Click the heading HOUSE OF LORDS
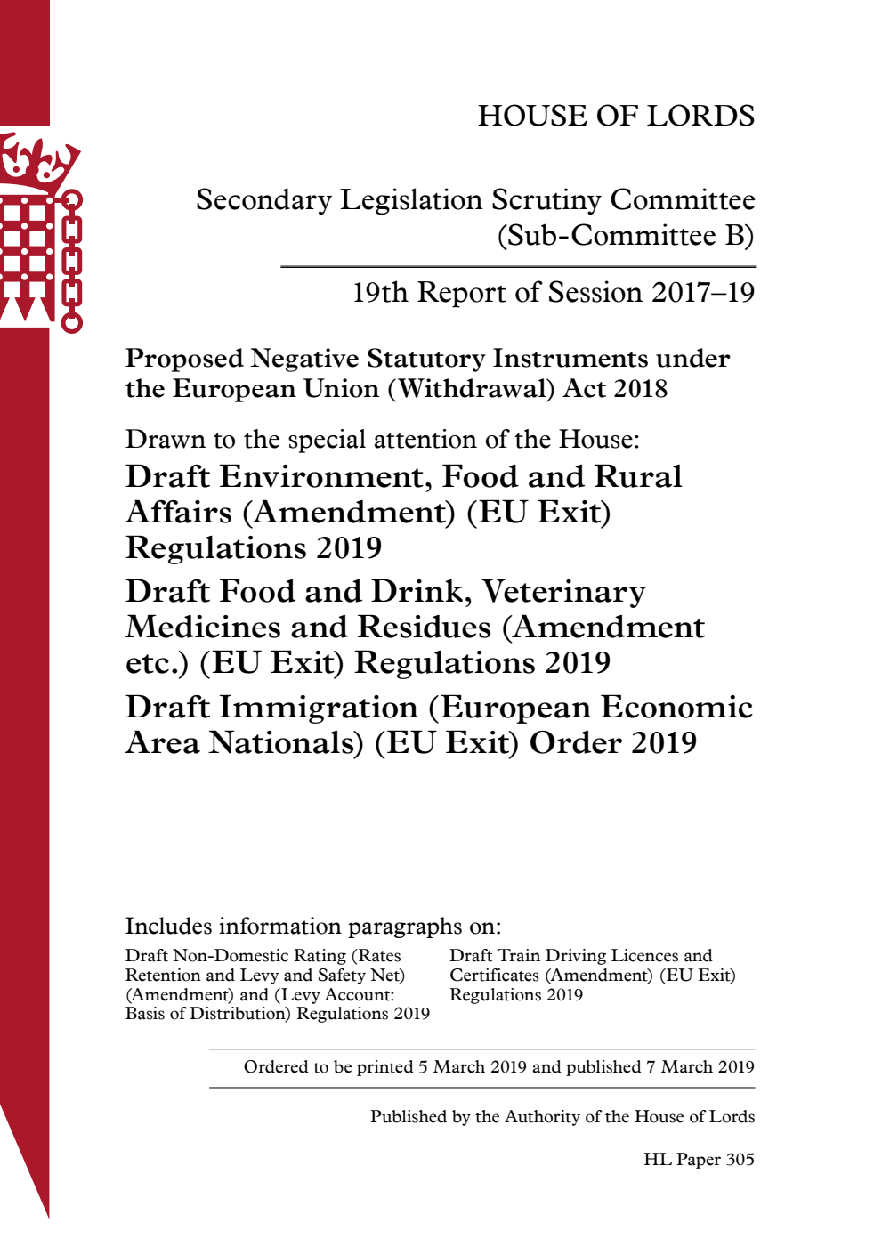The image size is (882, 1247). point(616,116)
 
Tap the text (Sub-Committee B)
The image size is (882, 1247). point(625,236)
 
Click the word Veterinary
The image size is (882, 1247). point(564,592)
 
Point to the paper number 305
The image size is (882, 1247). point(740,1160)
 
